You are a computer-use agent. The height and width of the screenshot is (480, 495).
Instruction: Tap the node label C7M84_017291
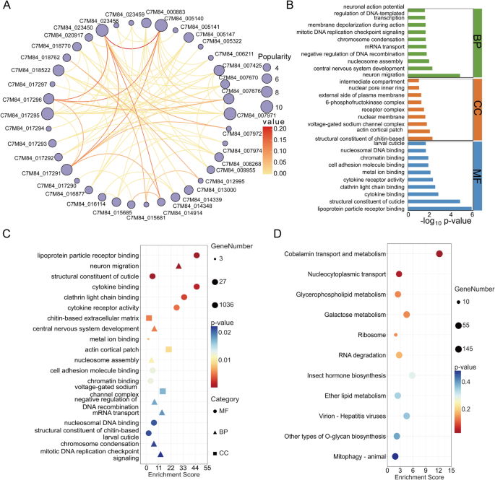click(31, 173)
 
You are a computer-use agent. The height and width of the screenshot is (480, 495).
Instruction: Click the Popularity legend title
click(274, 56)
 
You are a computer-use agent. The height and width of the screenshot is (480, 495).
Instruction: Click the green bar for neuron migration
click(434, 75)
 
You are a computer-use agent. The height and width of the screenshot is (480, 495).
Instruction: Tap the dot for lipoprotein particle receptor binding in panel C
click(196, 256)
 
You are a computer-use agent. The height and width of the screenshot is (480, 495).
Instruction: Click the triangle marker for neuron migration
click(178, 266)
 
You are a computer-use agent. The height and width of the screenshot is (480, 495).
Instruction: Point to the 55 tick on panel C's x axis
click(207, 468)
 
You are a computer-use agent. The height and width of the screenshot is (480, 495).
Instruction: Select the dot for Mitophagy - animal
click(395, 457)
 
